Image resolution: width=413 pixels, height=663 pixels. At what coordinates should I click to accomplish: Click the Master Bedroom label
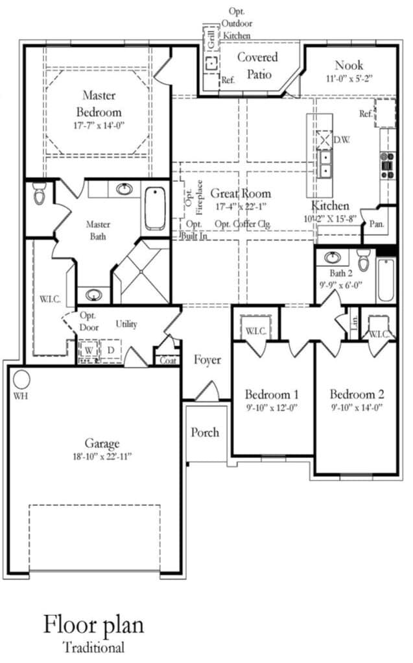coord(99,103)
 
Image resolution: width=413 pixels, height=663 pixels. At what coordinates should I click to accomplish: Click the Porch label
coord(205,432)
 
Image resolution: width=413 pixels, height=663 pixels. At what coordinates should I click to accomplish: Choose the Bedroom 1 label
coord(272,394)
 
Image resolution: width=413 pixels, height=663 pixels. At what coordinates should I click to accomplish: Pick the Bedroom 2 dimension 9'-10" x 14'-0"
coord(356,408)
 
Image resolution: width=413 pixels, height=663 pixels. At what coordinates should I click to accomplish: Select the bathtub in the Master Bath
coord(155,208)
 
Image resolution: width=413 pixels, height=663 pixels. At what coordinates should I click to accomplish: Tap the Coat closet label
coord(168,360)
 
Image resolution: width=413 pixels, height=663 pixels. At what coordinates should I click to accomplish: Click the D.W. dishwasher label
coord(341,140)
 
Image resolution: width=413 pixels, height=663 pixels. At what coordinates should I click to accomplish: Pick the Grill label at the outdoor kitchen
coord(211,38)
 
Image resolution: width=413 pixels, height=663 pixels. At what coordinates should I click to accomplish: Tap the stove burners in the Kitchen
coord(388,165)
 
